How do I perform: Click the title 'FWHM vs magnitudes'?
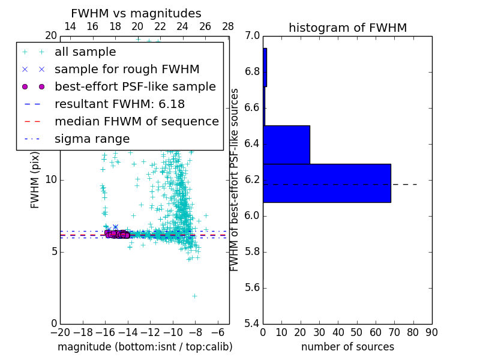[136, 14]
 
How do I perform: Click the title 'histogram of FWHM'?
[347, 28]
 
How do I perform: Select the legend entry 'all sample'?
[85, 52]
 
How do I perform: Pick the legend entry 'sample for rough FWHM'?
[127, 70]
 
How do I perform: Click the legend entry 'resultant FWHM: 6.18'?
[119, 104]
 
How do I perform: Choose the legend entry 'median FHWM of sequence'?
[136, 122]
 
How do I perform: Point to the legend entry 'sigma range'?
[92, 139]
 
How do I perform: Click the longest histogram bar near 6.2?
[326, 183]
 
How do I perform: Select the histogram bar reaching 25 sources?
[286, 145]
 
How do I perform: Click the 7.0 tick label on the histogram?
[252, 36]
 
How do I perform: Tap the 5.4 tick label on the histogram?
[252, 324]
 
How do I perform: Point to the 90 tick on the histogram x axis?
[431, 332]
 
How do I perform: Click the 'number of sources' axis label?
[347, 347]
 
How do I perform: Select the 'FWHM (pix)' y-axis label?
[35, 180]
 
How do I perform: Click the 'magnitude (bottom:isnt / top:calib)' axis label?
[145, 347]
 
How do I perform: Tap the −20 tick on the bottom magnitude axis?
[60, 332]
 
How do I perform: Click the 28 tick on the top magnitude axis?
[228, 27]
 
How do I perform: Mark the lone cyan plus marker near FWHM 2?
[194, 296]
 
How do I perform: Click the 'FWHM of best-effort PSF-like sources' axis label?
[235, 180]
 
